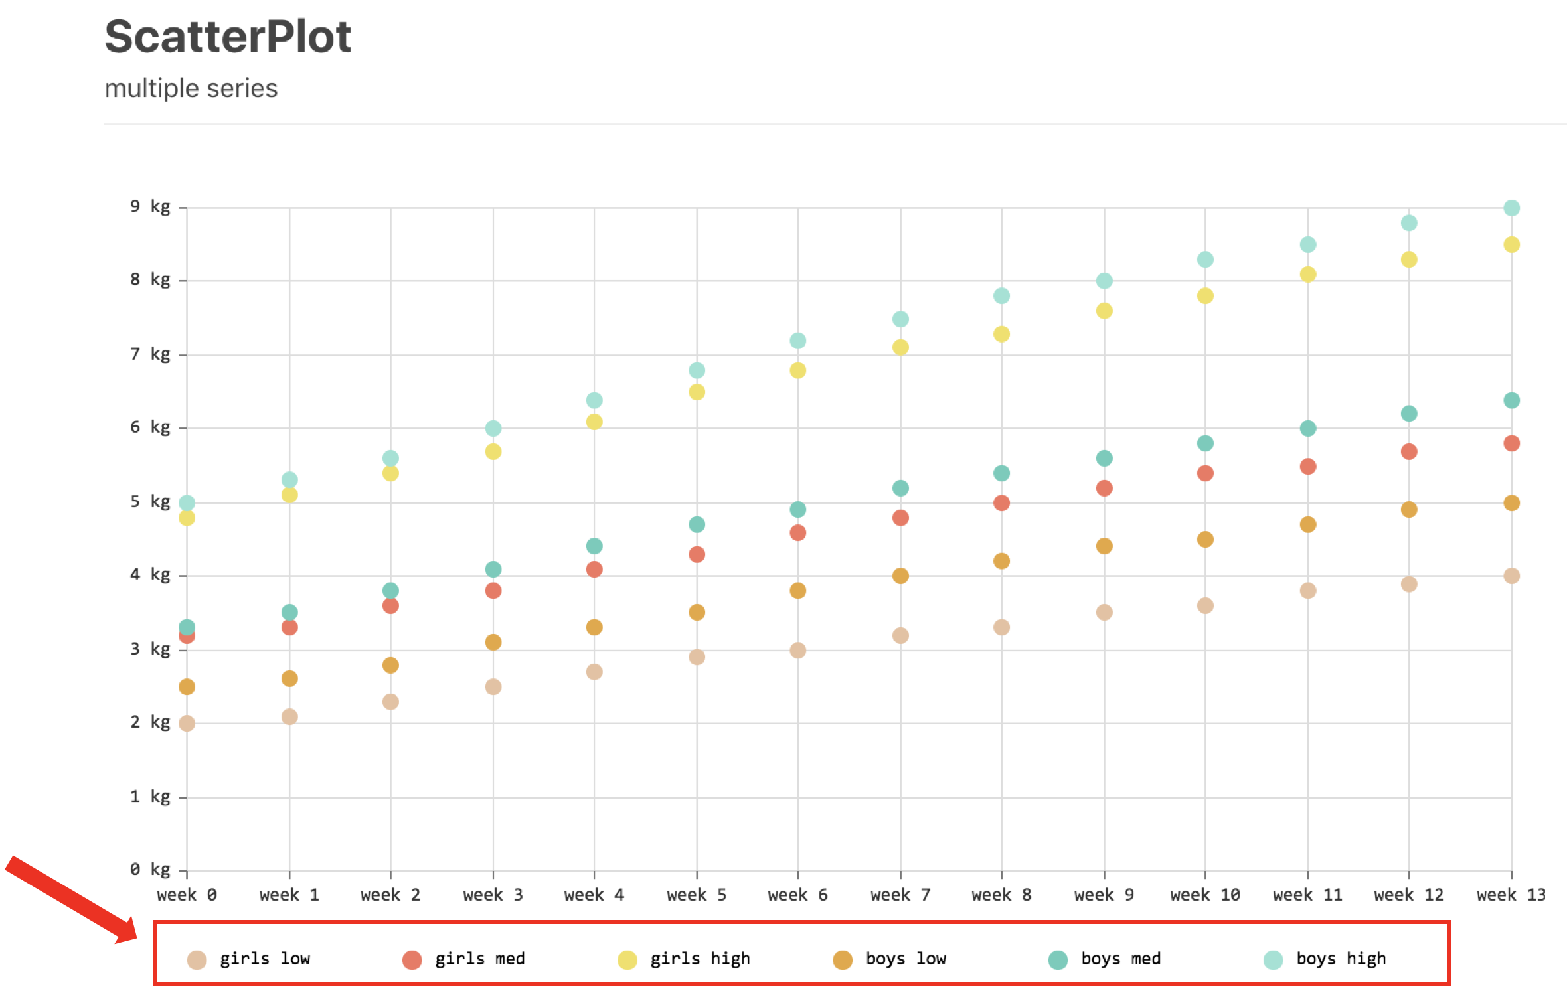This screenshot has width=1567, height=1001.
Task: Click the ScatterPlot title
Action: pos(228,37)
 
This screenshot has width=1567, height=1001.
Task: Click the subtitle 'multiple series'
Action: pos(191,88)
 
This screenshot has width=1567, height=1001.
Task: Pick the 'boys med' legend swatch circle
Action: pos(1058,960)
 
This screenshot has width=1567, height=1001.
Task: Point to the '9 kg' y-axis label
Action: pos(150,206)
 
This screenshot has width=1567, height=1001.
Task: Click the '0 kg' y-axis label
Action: pos(150,869)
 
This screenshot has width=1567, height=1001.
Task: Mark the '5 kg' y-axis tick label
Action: pos(150,501)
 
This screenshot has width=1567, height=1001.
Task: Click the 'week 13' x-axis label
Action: pos(1511,895)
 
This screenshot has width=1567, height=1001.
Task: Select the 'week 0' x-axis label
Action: pos(187,895)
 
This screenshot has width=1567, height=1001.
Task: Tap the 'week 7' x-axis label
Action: pos(900,895)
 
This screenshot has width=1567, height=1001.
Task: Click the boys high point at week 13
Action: pos(1511,208)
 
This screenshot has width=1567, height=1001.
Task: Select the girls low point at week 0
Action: pos(187,723)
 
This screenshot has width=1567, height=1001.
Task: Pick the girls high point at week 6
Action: pos(798,370)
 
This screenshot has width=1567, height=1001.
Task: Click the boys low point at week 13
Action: pos(1511,502)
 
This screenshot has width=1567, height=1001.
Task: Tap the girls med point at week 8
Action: pos(1001,502)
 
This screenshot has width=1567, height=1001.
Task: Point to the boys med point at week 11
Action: pos(1307,428)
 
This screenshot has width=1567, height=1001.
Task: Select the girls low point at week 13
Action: pos(1511,576)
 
